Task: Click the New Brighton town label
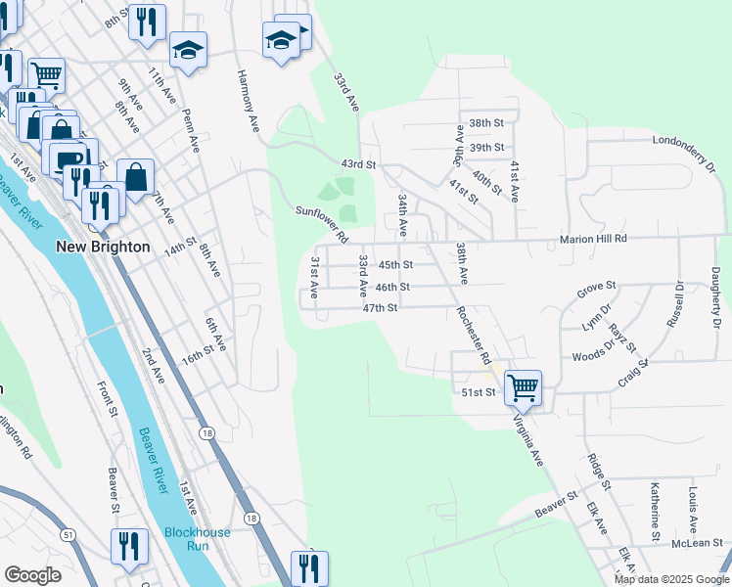pyautogui.click(x=103, y=247)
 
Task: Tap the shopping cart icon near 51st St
pyautogui.click(x=524, y=387)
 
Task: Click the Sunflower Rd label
pyautogui.click(x=322, y=224)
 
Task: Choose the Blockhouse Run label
pyautogui.click(x=198, y=538)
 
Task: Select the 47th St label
pyautogui.click(x=379, y=307)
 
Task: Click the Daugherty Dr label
pyautogui.click(x=716, y=297)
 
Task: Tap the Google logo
pyautogui.click(x=33, y=575)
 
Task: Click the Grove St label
pyautogui.click(x=595, y=288)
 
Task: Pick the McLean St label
pyautogui.click(x=697, y=543)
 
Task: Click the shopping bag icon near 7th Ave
pyautogui.click(x=136, y=178)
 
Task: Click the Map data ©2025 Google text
pyautogui.click(x=670, y=579)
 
